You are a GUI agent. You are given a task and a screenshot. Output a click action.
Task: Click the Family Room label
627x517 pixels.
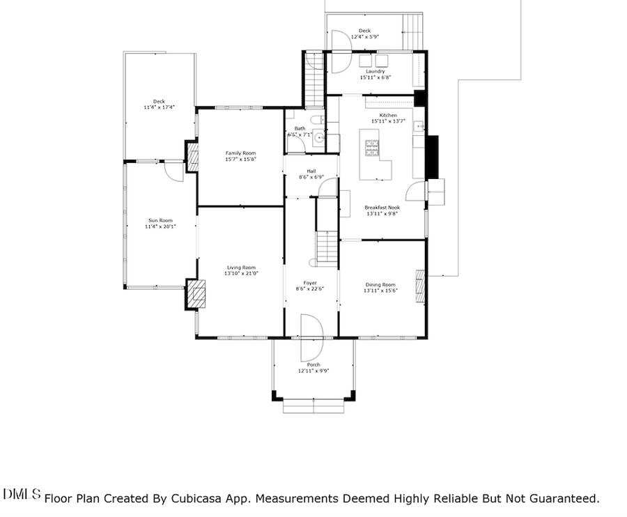click(240, 153)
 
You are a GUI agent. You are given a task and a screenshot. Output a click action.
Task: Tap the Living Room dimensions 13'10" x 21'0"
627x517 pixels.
click(240, 274)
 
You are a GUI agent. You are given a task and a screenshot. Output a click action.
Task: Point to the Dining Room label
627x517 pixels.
click(380, 284)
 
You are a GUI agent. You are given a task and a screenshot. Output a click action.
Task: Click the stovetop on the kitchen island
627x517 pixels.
click(372, 148)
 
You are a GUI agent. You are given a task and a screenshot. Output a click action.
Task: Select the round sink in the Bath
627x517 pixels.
click(319, 138)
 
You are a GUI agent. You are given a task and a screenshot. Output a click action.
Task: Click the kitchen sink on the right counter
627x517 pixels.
click(417, 126)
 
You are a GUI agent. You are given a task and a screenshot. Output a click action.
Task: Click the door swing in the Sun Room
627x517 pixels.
click(174, 171)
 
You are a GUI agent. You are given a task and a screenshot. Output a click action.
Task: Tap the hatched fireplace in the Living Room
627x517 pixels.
click(196, 294)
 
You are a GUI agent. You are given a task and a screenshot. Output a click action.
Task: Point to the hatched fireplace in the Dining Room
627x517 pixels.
click(420, 286)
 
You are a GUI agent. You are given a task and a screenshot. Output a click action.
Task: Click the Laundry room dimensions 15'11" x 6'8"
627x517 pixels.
click(376, 77)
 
